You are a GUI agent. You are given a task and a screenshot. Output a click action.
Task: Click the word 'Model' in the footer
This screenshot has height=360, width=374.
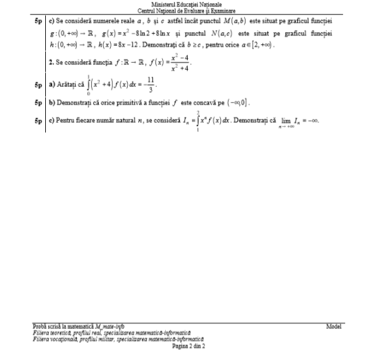[x=334, y=327]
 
